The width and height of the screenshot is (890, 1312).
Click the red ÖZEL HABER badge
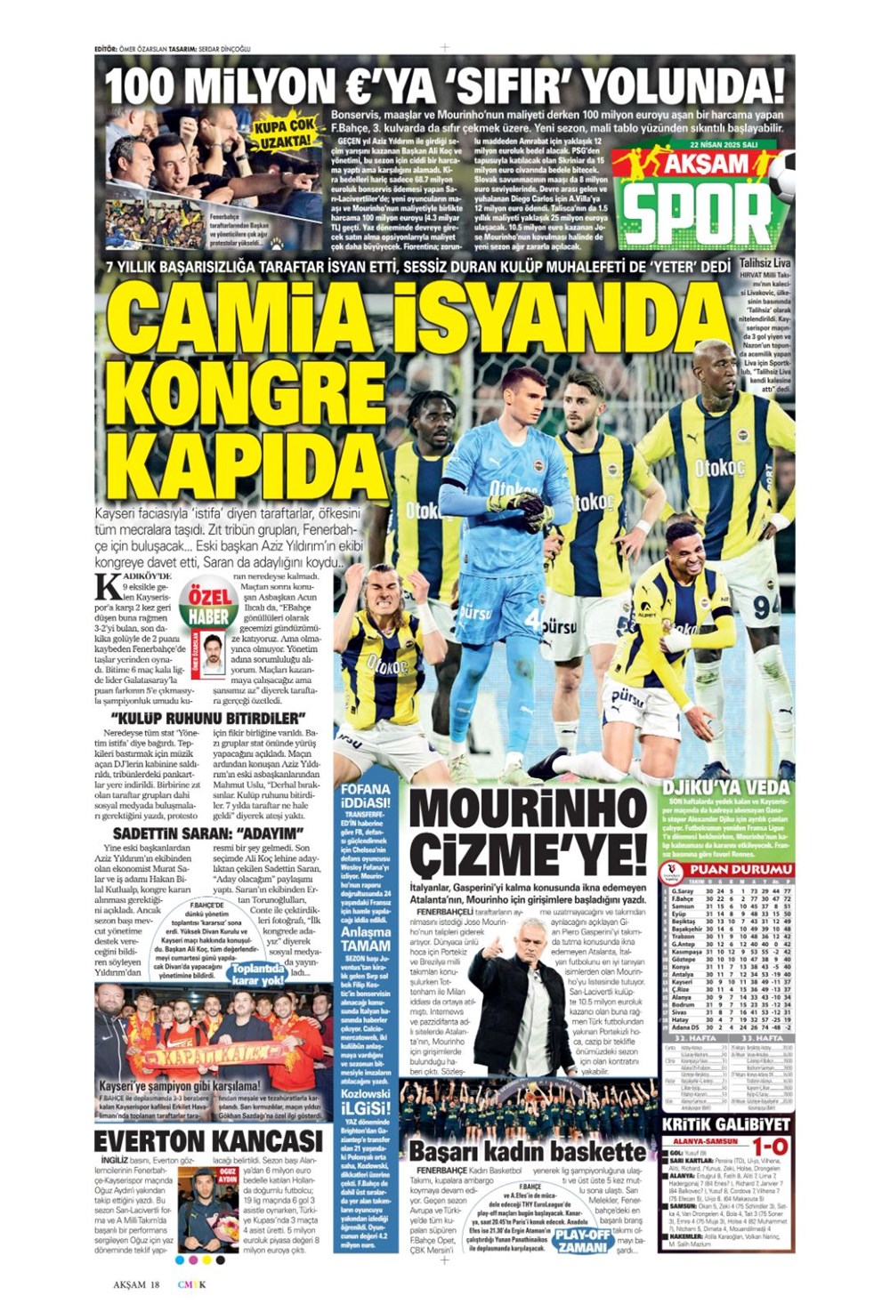click(x=206, y=605)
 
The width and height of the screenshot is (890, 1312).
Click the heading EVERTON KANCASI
click(x=208, y=1140)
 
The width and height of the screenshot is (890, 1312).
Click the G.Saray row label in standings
click(x=684, y=890)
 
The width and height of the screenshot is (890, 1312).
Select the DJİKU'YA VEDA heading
click(x=726, y=787)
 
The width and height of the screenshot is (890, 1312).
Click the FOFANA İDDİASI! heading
click(x=366, y=796)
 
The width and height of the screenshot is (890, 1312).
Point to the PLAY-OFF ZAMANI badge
click(x=583, y=1240)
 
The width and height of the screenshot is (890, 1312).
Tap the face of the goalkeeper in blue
click(x=522, y=396)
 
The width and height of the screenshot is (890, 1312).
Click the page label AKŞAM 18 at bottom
click(x=135, y=1284)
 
